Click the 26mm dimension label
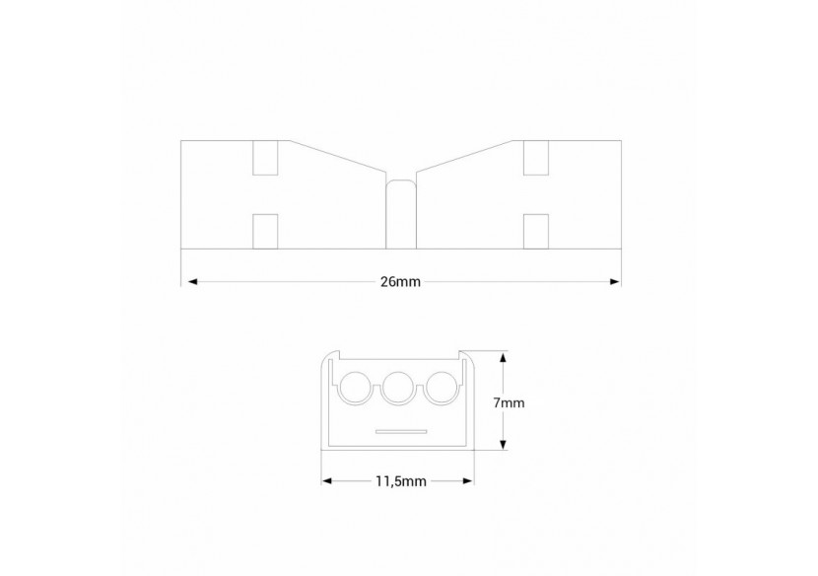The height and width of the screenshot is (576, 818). pyautogui.click(x=400, y=282)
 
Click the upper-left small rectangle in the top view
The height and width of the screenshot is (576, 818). pyautogui.click(x=266, y=158)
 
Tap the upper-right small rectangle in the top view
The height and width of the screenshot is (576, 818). pyautogui.click(x=535, y=158)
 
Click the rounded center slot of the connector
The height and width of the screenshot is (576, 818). pyautogui.click(x=400, y=212)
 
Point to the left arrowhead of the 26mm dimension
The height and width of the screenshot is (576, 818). pyautogui.click(x=187, y=282)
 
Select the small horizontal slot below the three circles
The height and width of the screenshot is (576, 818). pyautogui.click(x=400, y=431)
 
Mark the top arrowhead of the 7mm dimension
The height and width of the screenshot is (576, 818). pyautogui.click(x=504, y=358)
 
